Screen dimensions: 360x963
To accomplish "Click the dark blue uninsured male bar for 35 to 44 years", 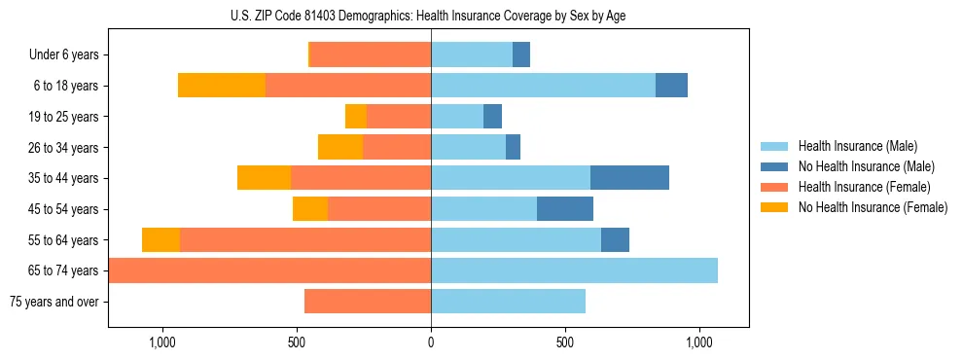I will (629, 178).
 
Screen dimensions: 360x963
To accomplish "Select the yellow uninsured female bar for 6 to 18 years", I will (222, 86).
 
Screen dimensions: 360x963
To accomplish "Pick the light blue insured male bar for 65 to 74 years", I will (574, 270).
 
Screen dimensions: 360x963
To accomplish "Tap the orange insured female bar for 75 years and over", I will (368, 302).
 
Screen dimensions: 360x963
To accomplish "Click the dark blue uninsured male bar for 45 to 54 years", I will (565, 209).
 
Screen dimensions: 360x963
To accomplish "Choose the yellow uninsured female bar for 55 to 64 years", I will (160, 240).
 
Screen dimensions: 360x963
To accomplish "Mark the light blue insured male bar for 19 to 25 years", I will (457, 117).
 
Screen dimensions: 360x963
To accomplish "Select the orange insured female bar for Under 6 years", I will (371, 55).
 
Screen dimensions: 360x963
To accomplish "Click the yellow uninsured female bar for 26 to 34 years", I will (340, 148).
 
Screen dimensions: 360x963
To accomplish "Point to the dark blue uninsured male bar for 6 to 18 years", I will (671, 86).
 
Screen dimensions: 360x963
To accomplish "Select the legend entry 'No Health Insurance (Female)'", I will (873, 207).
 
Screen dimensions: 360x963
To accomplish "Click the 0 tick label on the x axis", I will (431, 343).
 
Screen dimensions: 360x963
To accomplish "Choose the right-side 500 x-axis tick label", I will (565, 343).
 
